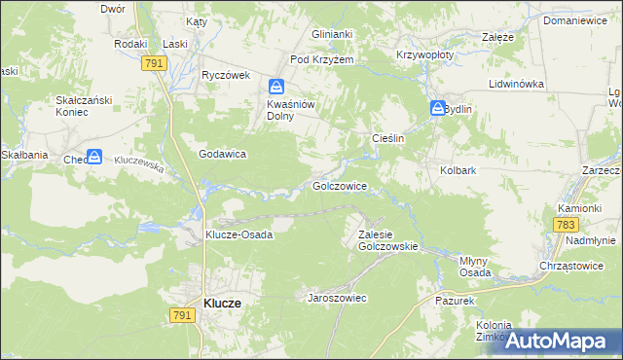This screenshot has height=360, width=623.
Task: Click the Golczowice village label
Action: pyautogui.click(x=339, y=185)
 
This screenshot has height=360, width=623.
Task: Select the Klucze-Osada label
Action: pyautogui.click(x=238, y=234)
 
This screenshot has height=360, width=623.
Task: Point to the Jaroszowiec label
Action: pyautogui.click(x=337, y=298)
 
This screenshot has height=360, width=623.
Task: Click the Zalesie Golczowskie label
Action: pyautogui.click(x=387, y=240)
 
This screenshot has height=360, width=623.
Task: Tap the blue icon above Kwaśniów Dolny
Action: pyautogui.click(x=276, y=87)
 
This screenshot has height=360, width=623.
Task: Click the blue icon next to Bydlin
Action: pyautogui.click(x=438, y=109)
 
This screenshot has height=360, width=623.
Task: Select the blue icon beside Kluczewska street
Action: pyautogui.click(x=94, y=156)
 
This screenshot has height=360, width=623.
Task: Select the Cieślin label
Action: pyautogui.click(x=388, y=139)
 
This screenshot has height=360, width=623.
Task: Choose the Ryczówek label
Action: pyautogui.click(x=226, y=75)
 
